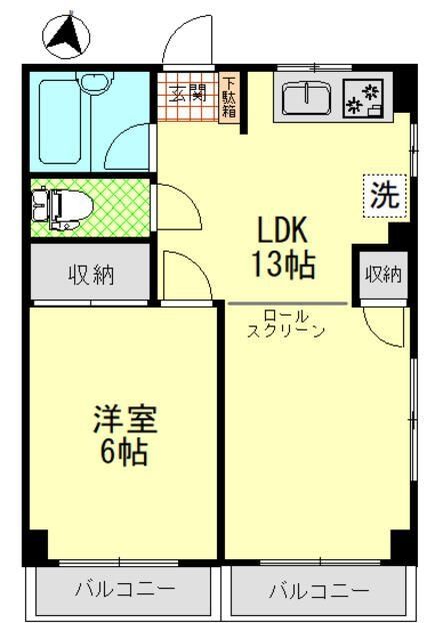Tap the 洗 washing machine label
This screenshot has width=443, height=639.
[384, 196]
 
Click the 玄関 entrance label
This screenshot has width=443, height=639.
[186, 95]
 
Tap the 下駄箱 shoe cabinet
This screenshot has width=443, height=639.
[230, 97]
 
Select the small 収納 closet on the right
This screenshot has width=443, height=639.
[382, 274]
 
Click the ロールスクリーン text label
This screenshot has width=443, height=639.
[286, 323]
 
